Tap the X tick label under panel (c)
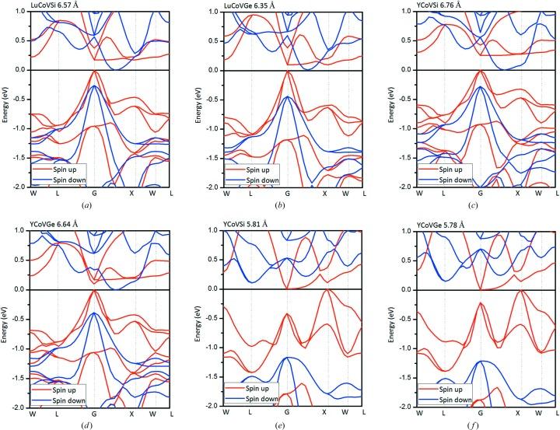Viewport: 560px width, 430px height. pos(518,192)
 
